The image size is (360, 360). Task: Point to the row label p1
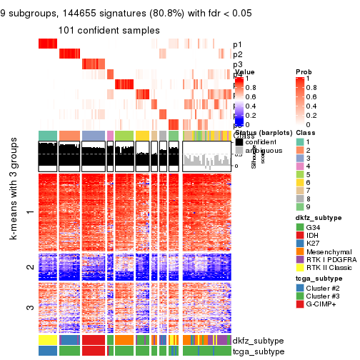(237, 44)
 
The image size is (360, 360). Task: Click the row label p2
(237, 54)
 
